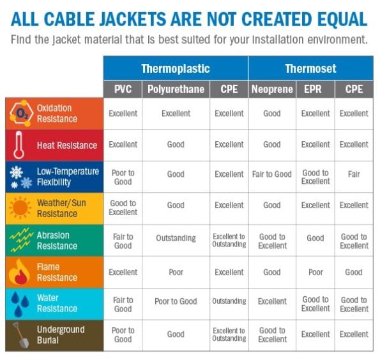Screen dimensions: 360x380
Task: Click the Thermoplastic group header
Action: pos(176,68)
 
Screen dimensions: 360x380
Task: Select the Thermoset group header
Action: pos(310,68)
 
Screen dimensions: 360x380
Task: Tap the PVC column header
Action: pos(123,89)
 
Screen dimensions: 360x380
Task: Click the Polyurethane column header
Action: pos(176,89)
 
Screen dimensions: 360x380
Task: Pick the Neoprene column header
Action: pos(271,89)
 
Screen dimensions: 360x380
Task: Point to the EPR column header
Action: pos(315,89)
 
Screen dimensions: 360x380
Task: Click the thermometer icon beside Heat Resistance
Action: pos(19,145)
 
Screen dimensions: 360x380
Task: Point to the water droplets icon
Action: pos(19,304)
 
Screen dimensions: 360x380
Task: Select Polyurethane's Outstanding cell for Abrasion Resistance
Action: pos(176,238)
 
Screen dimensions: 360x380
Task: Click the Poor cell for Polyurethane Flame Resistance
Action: pos(176,272)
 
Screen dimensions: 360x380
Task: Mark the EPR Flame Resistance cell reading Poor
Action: pos(315,272)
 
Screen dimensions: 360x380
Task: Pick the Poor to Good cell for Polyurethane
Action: pos(176,301)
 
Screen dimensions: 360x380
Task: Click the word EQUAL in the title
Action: pos(333,19)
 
